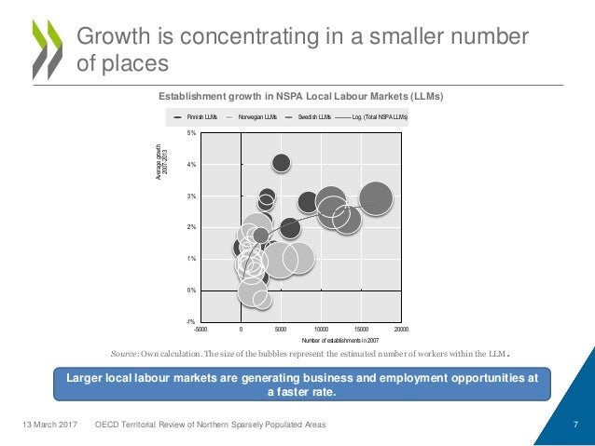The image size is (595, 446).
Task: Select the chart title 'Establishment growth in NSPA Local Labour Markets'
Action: (299, 97)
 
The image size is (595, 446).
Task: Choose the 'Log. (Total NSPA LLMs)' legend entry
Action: (378, 118)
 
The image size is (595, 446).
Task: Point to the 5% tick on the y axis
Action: (190, 133)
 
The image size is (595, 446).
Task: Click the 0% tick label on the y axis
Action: (190, 291)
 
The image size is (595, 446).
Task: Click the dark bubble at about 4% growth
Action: (282, 163)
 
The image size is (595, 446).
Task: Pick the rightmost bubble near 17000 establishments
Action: (376, 198)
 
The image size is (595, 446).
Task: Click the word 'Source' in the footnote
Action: (124, 354)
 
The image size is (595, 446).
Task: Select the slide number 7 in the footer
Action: (576, 426)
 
